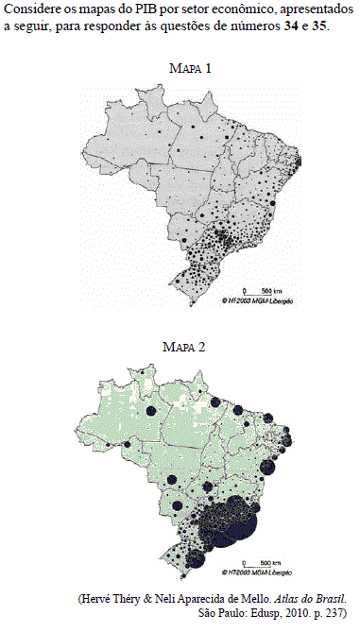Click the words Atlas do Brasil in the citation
pyautogui.click(x=317, y=599)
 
